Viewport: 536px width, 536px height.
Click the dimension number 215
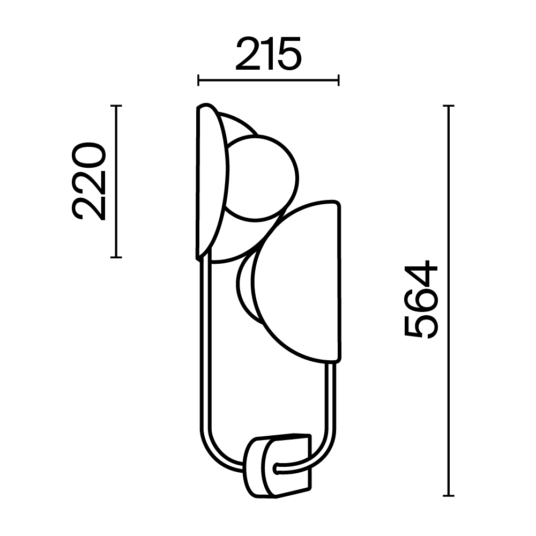click(268, 54)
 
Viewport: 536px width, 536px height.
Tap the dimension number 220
click(89, 181)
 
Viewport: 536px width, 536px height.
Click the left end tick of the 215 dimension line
click(199, 80)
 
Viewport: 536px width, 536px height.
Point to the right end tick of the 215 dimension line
click(338, 80)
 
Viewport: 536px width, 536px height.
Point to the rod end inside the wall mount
click(277, 469)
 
